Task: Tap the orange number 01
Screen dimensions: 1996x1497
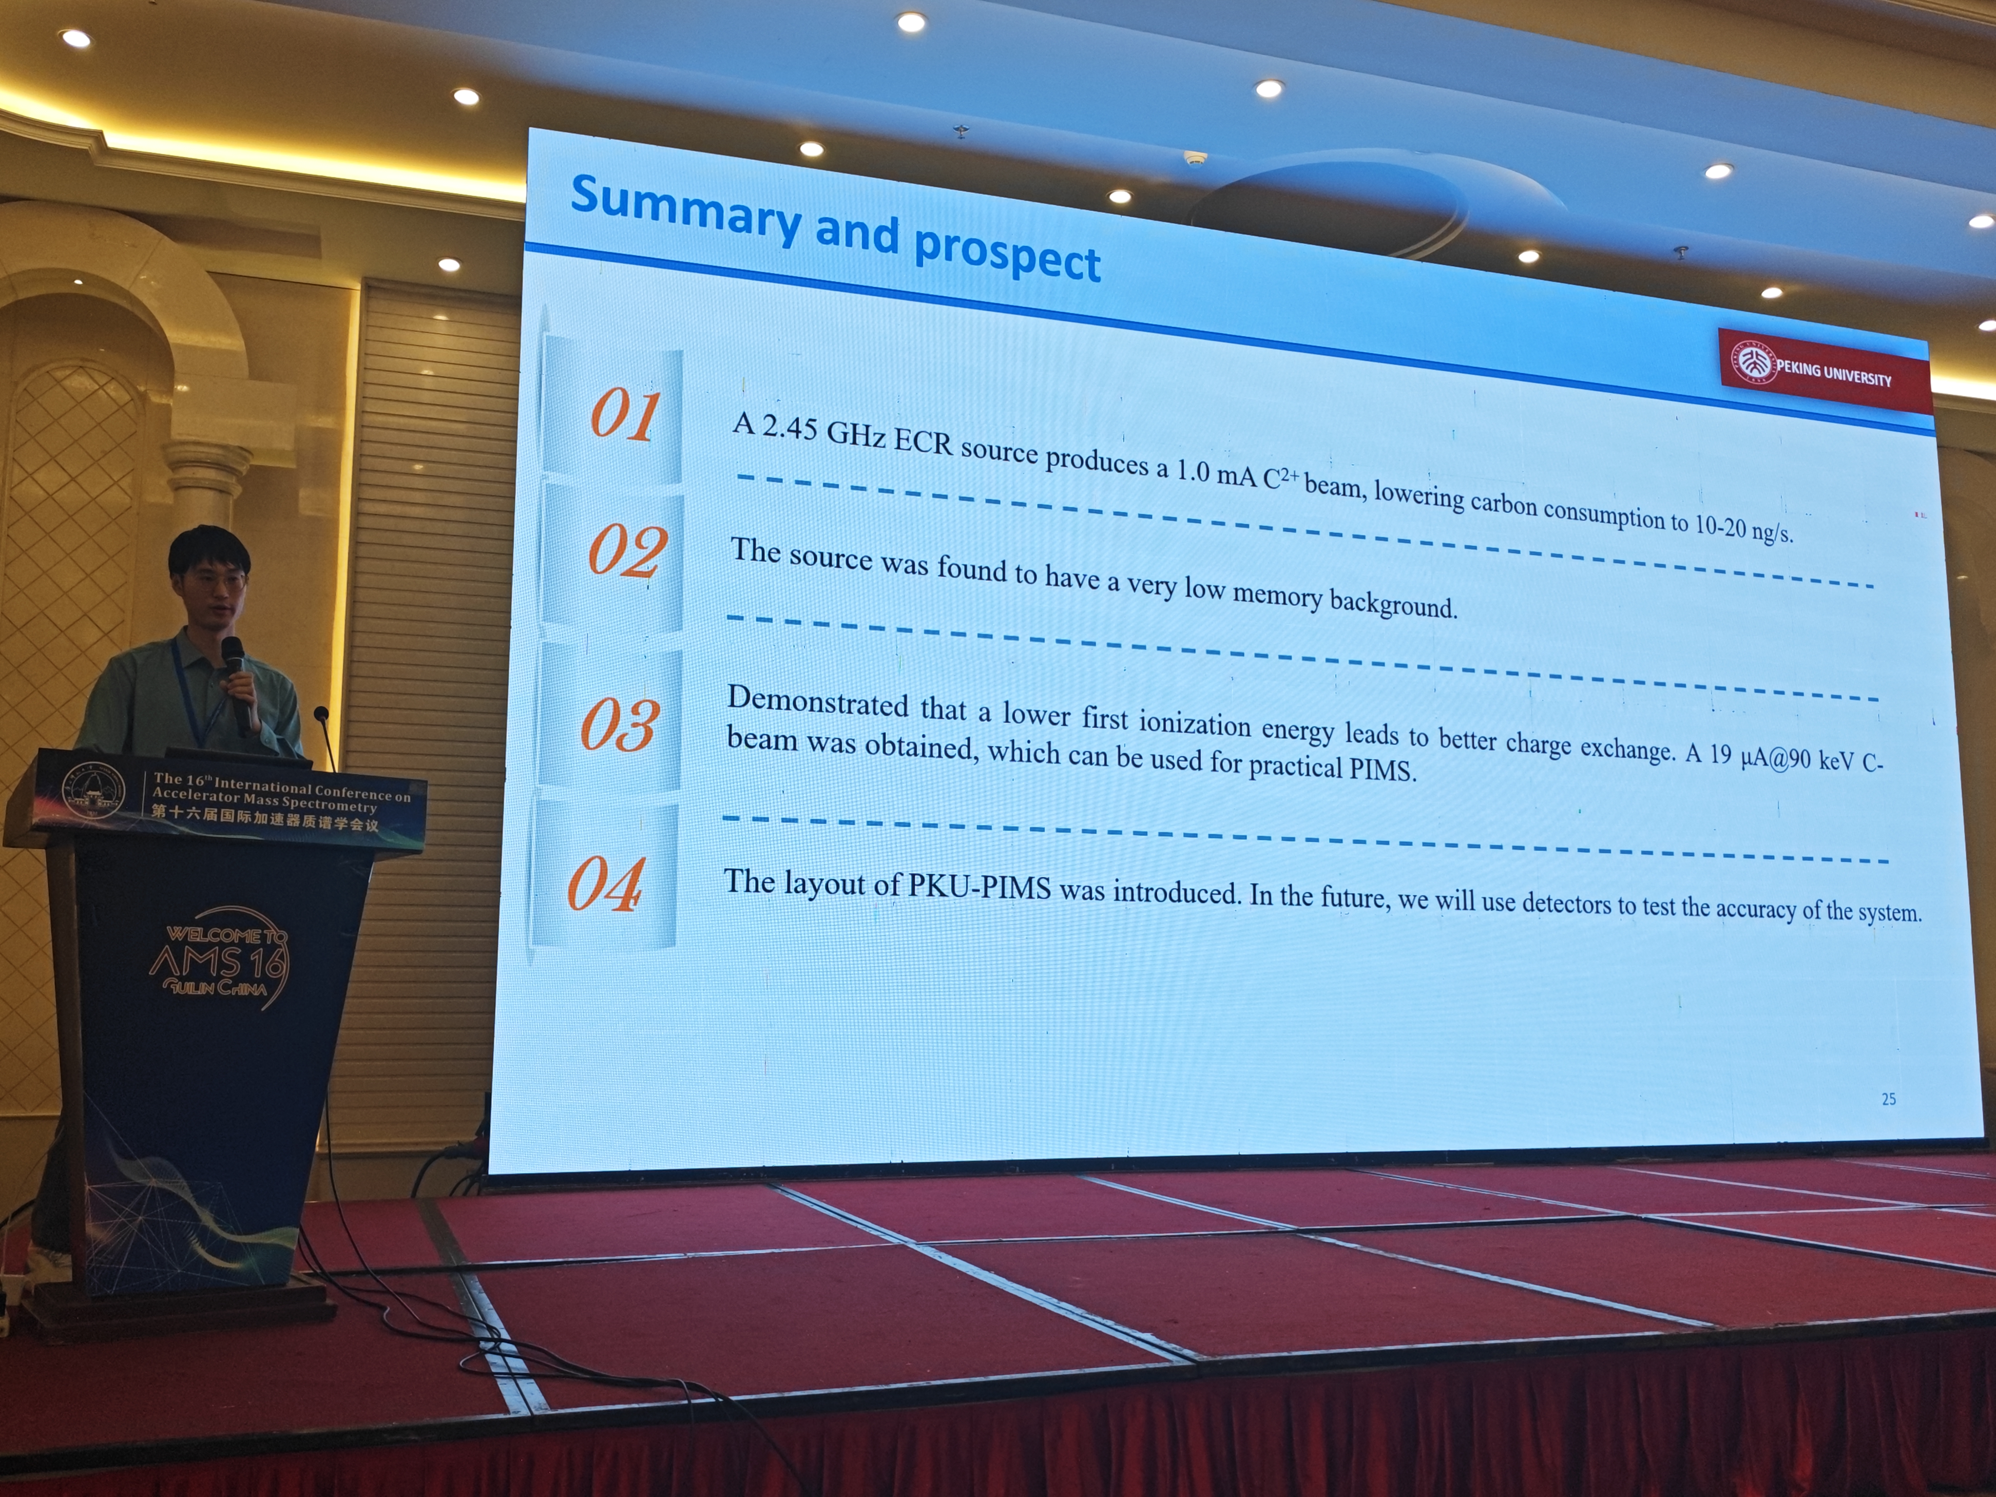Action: tap(624, 415)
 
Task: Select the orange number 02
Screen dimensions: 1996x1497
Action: tap(627, 551)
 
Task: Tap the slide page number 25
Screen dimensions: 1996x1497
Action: tap(1889, 1099)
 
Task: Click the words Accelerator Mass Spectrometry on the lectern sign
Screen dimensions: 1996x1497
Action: tap(264, 800)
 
